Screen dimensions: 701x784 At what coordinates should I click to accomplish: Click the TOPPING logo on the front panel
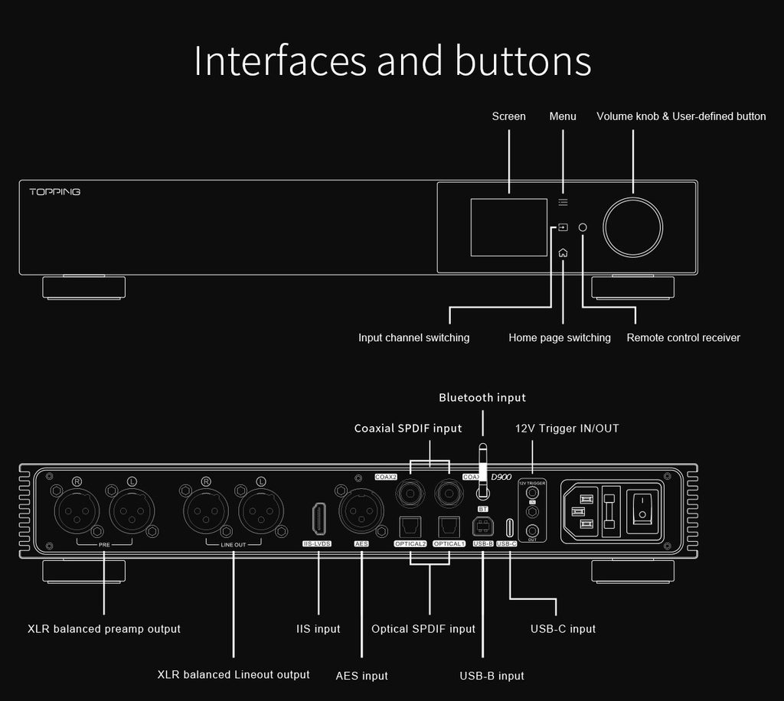[54, 191]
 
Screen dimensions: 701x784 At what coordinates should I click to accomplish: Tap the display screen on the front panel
[508, 227]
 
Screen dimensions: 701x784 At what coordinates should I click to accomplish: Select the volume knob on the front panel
[632, 227]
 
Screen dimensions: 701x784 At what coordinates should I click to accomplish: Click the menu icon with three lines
[563, 202]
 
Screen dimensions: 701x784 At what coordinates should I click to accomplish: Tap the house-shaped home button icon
[563, 253]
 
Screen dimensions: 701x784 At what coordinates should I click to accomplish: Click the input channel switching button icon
[563, 227]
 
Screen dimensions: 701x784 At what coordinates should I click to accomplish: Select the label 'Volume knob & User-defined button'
[681, 116]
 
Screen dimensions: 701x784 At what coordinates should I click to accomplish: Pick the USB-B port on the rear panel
[483, 527]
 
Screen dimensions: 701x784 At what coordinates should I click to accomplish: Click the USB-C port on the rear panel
[508, 527]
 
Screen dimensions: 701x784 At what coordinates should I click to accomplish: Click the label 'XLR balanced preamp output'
[104, 629]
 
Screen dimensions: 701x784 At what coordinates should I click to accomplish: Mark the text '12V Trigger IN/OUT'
[567, 429]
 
